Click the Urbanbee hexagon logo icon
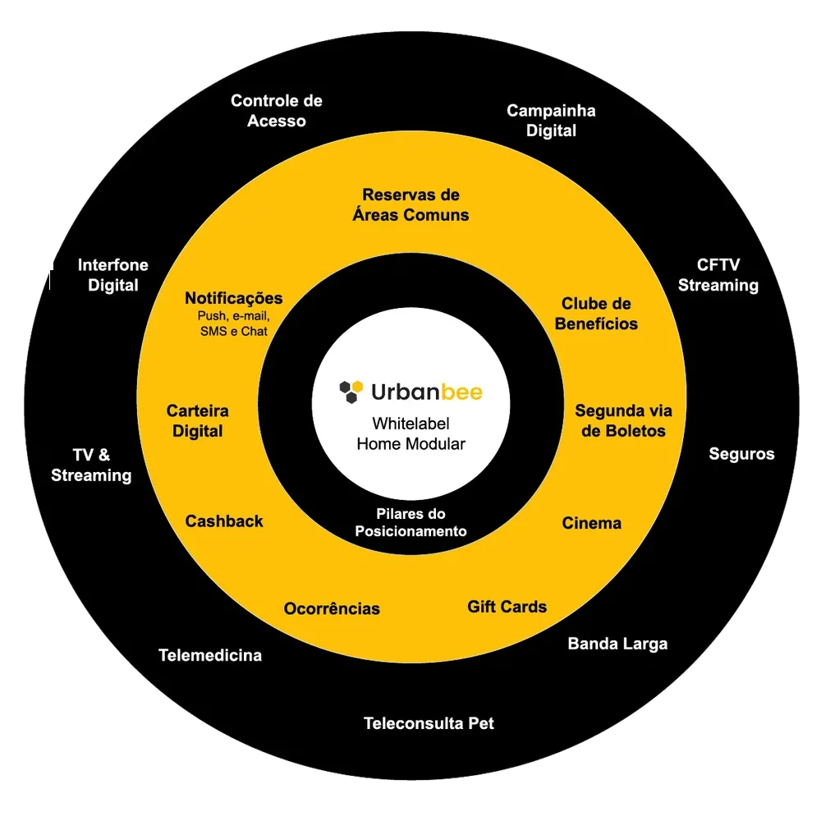(351, 392)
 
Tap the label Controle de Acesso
(277, 111)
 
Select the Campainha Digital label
(551, 121)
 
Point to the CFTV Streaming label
(718, 275)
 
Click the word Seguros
(741, 454)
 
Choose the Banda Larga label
(617, 644)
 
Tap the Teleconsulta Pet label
(429, 724)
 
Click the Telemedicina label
(210, 655)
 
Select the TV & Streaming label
(91, 466)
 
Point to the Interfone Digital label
(113, 275)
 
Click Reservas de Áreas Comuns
(410, 205)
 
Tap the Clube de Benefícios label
(596, 314)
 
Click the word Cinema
(591, 524)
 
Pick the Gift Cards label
(507, 607)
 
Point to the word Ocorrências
(332, 609)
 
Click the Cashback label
(224, 521)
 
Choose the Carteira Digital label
(198, 420)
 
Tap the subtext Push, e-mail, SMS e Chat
(234, 323)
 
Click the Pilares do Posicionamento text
(410, 523)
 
